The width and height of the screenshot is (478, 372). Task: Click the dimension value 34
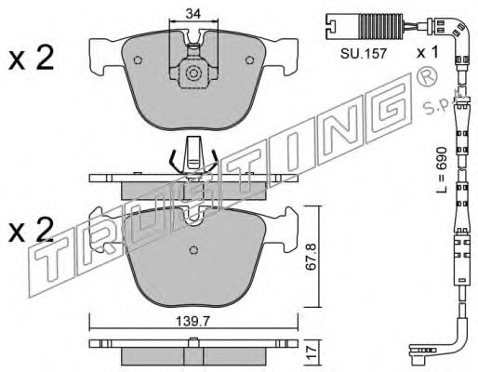[193, 13]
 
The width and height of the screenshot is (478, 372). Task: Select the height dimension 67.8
[312, 257]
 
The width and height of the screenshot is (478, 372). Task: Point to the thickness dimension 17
[312, 352]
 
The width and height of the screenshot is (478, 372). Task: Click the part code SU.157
[364, 54]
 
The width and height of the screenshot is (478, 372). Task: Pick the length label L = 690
[442, 170]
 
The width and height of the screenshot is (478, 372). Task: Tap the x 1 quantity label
[428, 53]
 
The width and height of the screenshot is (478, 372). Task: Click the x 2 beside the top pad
[32, 58]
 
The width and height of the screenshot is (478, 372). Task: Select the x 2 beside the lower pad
[32, 230]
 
